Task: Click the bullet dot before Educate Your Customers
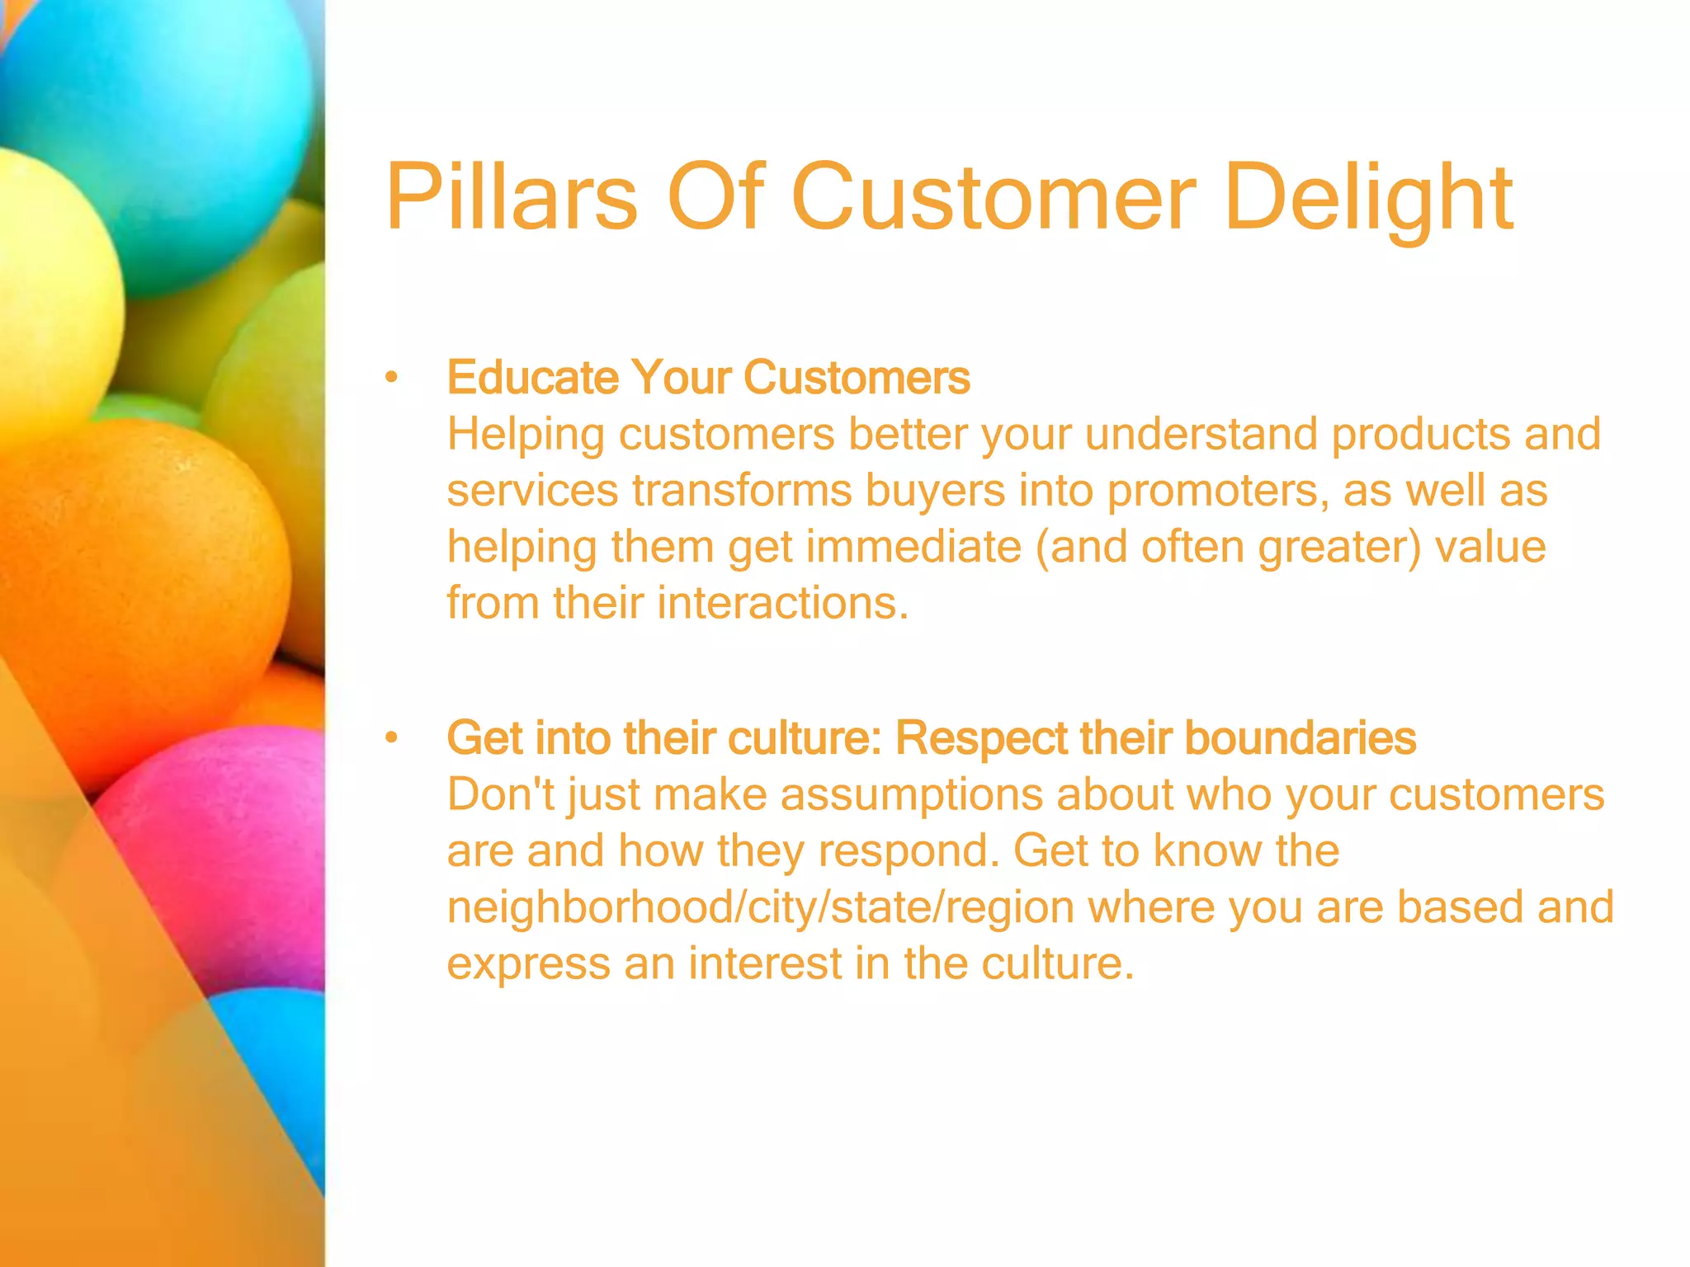tap(391, 379)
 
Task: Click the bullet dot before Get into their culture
tap(391, 738)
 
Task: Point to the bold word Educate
tap(532, 378)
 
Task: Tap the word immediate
tap(913, 547)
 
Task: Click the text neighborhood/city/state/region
tap(760, 907)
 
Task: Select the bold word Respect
tap(981, 737)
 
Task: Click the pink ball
tap(231, 858)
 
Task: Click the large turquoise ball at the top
tap(165, 124)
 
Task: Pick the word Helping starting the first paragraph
tap(526, 435)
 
